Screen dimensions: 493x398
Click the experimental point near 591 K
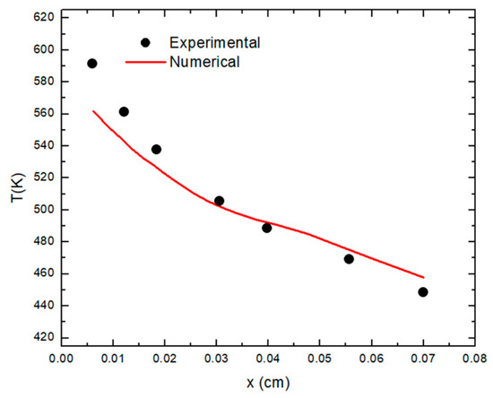click(91, 64)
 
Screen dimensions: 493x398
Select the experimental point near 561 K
click(124, 112)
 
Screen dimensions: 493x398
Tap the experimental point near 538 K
click(156, 150)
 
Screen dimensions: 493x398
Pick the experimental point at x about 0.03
click(219, 201)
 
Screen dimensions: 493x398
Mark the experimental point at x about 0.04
click(266, 228)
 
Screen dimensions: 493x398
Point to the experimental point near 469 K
click(349, 259)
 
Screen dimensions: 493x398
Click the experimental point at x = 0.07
click(423, 292)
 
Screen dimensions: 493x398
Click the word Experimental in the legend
click(215, 43)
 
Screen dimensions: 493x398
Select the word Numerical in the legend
click(204, 62)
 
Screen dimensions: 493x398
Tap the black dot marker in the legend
click(145, 42)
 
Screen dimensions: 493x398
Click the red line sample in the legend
click(145, 62)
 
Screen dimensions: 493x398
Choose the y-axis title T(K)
click(17, 187)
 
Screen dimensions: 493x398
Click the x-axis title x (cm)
click(268, 383)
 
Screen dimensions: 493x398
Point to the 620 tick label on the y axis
click(44, 17)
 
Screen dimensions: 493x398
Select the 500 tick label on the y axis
click(44, 210)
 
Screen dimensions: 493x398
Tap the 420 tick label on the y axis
click(44, 337)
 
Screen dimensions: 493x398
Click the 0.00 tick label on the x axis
click(62, 359)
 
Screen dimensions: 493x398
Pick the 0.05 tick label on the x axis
click(320, 359)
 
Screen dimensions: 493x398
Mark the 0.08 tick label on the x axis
click(475, 359)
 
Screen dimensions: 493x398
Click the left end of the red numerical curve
click(93, 111)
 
